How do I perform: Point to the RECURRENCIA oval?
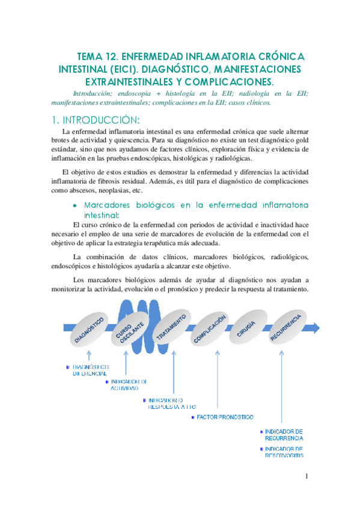[x=285, y=328]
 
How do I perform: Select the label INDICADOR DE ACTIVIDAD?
[x=128, y=385]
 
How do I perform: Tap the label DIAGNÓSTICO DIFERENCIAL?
[x=90, y=370]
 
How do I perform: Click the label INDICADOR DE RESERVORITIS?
[x=284, y=452]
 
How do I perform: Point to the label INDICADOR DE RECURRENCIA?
[x=284, y=435]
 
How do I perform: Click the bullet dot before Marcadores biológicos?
[x=75, y=206]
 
